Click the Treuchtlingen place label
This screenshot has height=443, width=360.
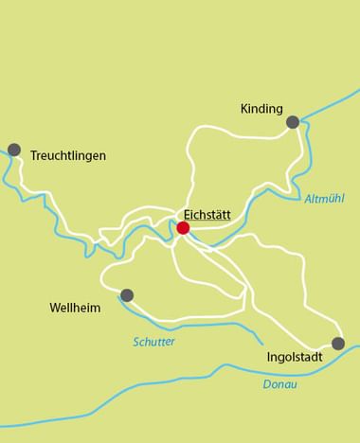[x=68, y=155]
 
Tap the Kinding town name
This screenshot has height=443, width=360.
[x=261, y=109]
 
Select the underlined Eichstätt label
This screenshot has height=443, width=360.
[x=207, y=214]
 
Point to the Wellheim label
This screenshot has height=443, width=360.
[x=75, y=309]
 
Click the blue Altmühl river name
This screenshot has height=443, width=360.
[x=325, y=199]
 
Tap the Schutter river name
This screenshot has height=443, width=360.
[x=153, y=342]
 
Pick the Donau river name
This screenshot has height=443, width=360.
[x=279, y=384]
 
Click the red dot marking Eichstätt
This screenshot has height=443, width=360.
[x=183, y=227]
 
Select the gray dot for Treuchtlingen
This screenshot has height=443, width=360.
[x=14, y=149]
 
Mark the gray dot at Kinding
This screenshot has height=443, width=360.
[x=293, y=121]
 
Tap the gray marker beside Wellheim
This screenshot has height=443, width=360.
[x=127, y=295]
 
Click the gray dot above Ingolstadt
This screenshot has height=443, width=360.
[x=338, y=343]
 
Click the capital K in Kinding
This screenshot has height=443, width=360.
[x=244, y=109]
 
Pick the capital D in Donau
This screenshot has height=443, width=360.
[x=266, y=384]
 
